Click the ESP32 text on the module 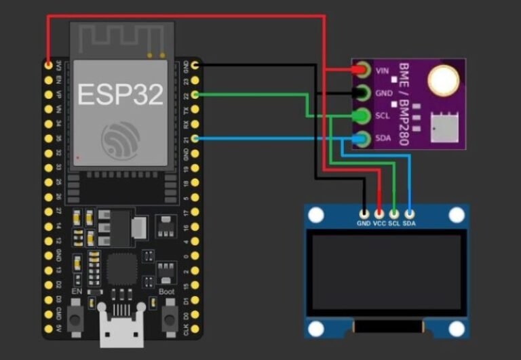(120, 94)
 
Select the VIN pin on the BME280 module (362, 70)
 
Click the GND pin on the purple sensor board (362, 93)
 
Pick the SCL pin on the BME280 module (362, 116)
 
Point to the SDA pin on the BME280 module (362, 139)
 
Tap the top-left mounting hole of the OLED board (315, 216)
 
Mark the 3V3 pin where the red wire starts (48, 65)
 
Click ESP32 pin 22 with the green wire (195, 94)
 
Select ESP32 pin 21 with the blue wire (195, 139)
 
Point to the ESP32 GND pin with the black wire (195, 65)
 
